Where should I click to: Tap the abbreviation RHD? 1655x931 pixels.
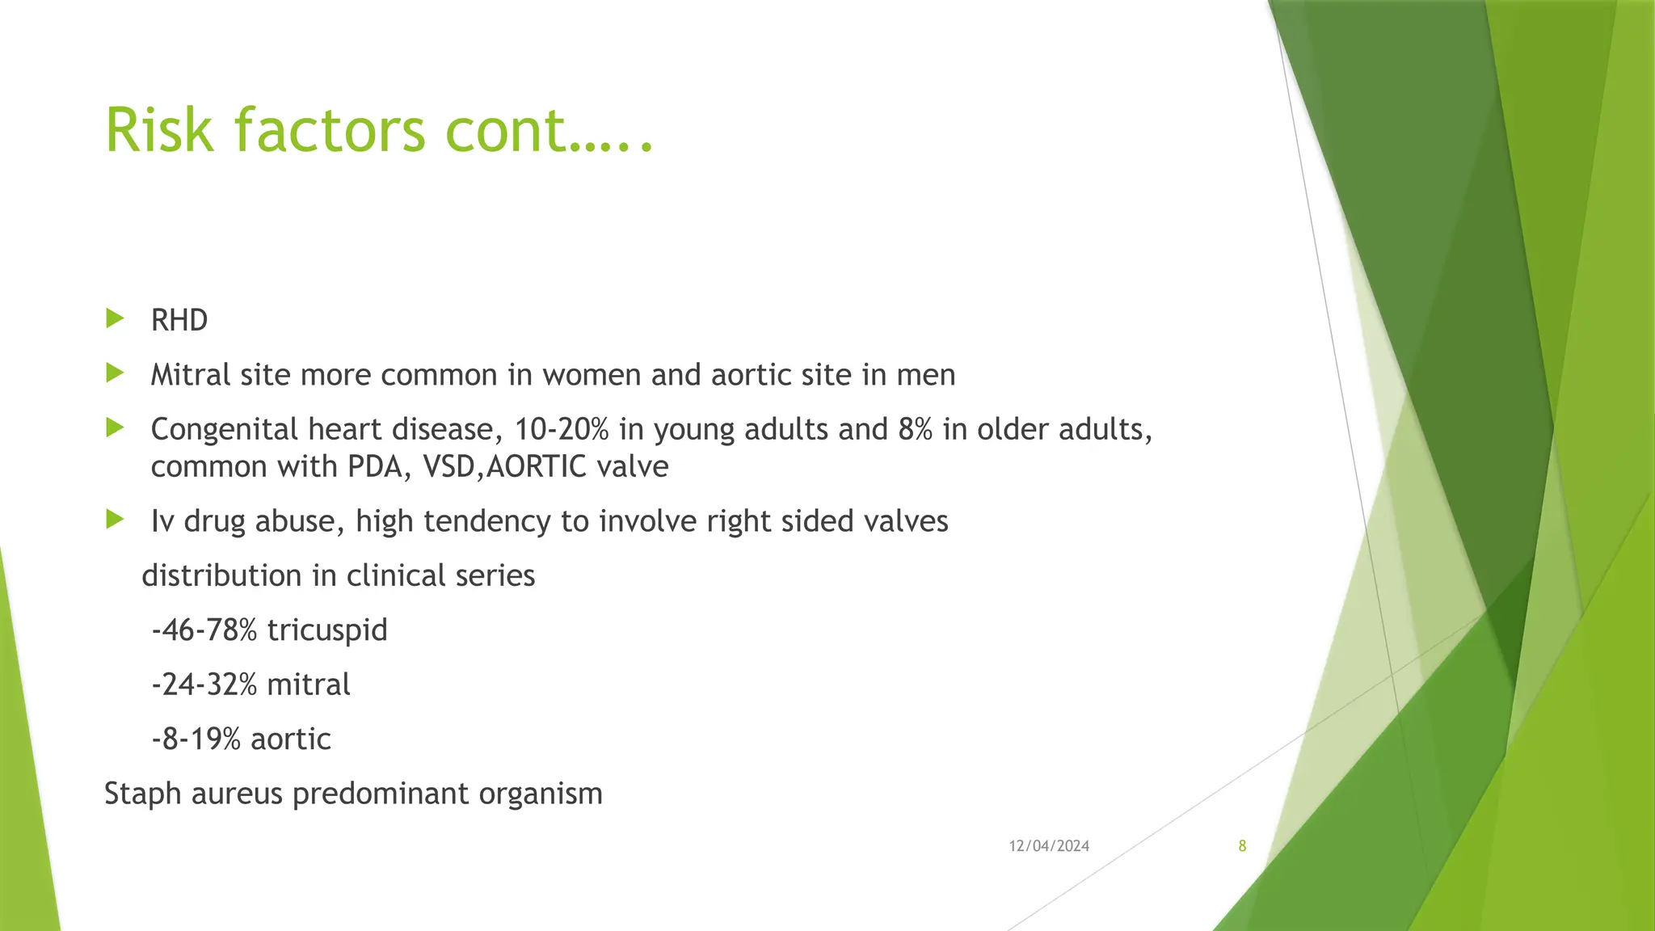pyautogui.click(x=179, y=321)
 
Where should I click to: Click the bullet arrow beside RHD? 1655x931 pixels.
pyautogui.click(x=115, y=318)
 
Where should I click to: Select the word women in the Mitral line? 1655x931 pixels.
pyautogui.click(x=592, y=375)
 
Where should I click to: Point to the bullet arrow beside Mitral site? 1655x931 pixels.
pyautogui.click(x=115, y=373)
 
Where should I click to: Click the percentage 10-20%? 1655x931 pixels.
pyautogui.click(x=561, y=429)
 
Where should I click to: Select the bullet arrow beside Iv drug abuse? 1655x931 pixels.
pyautogui.click(x=115, y=519)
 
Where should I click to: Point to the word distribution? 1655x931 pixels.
pyautogui.click(x=221, y=575)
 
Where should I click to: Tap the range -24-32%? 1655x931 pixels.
pyautogui.click(x=204, y=685)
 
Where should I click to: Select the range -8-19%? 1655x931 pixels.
pyautogui.click(x=196, y=739)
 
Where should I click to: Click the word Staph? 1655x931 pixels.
pyautogui.click(x=143, y=794)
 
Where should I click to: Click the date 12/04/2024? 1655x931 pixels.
pyautogui.click(x=1048, y=846)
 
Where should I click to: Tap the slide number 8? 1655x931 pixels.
pyautogui.click(x=1242, y=846)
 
